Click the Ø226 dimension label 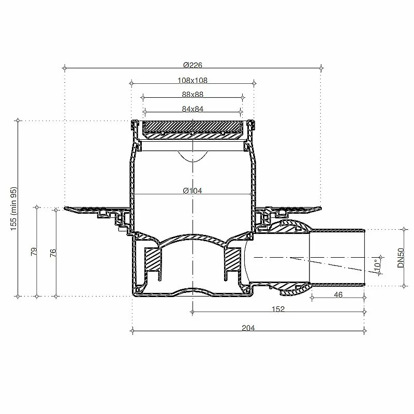pyautogui.click(x=193, y=65)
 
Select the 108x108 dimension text pyautogui.click(x=193, y=80)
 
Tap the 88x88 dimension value pyautogui.click(x=193, y=95)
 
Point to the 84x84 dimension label pyautogui.click(x=193, y=109)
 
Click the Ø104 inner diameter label pyautogui.click(x=193, y=190)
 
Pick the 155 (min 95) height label pyautogui.click(x=14, y=209)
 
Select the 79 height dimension pyautogui.click(x=34, y=252)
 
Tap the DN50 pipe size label pyautogui.click(x=401, y=258)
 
